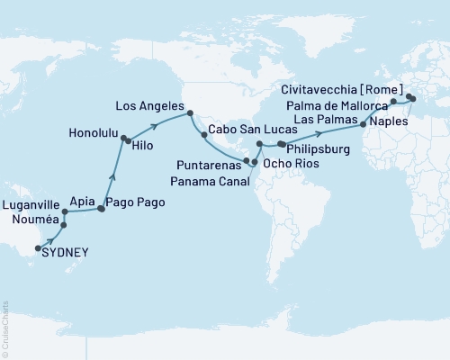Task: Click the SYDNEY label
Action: click(x=67, y=254)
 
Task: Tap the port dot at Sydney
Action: click(x=38, y=246)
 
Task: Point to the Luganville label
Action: click(x=31, y=206)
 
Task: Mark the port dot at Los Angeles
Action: click(x=190, y=112)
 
